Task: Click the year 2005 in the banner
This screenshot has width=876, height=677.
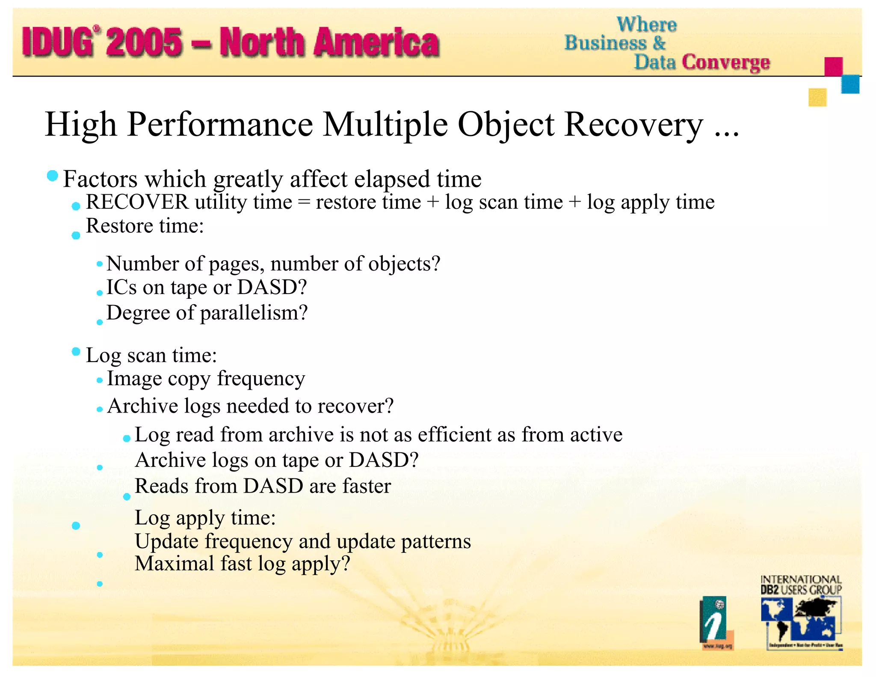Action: coord(145,42)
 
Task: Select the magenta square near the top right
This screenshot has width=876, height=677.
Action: coord(833,66)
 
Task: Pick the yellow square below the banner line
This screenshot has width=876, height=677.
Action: coord(817,97)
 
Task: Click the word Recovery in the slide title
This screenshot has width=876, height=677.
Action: coord(633,125)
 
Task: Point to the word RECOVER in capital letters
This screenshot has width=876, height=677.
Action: coord(137,202)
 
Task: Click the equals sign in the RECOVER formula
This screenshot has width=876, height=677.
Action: coord(303,202)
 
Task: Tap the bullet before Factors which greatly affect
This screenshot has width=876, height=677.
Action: coord(52,175)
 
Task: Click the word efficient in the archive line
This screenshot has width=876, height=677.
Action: coord(454,435)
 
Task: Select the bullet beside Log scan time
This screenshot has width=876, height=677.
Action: coord(76,352)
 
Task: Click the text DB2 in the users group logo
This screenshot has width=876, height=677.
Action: coord(769,590)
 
